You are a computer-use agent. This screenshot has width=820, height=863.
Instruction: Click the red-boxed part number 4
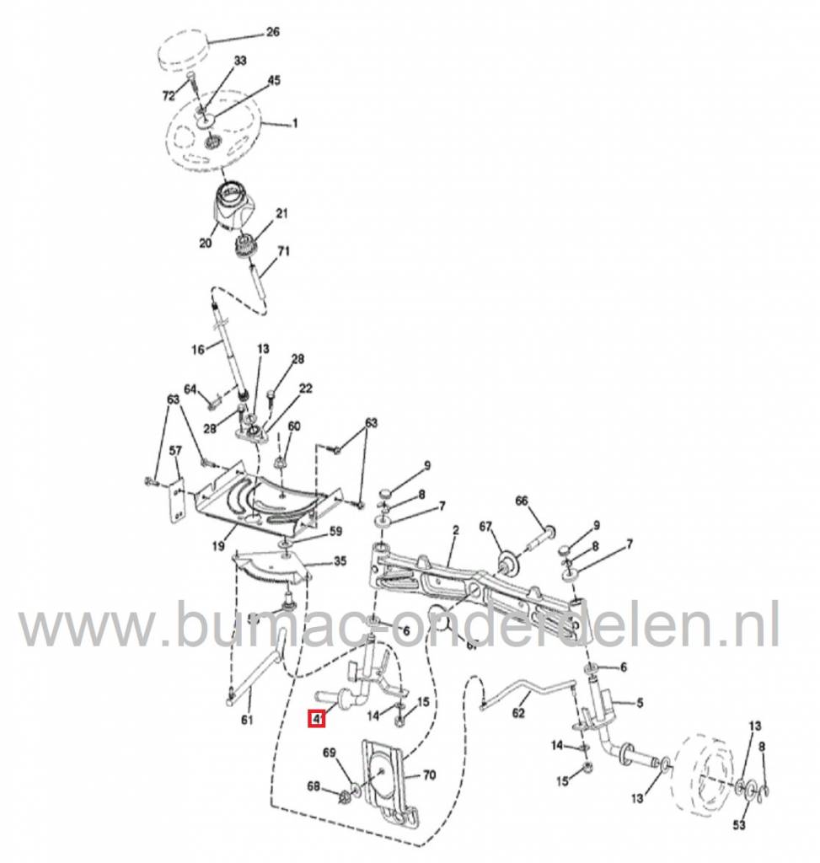[316, 720]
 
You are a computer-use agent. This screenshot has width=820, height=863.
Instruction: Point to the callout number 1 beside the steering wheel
[295, 125]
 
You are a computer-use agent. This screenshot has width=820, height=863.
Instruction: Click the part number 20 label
[204, 243]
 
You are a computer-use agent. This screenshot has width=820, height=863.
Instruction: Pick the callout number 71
[282, 251]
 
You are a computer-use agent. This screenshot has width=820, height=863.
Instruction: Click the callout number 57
[175, 452]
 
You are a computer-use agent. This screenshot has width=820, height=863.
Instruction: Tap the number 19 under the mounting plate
[217, 546]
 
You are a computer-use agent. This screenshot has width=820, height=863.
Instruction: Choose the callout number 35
[316, 560]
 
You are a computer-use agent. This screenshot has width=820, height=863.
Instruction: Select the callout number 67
[485, 528]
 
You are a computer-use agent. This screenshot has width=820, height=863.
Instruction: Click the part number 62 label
[518, 714]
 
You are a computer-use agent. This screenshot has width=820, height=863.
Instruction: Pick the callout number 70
[428, 775]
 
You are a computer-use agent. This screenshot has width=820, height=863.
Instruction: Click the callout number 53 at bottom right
[739, 824]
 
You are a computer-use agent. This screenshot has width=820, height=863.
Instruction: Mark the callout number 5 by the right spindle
[639, 701]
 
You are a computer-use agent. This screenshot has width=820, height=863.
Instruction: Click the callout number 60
[293, 426]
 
